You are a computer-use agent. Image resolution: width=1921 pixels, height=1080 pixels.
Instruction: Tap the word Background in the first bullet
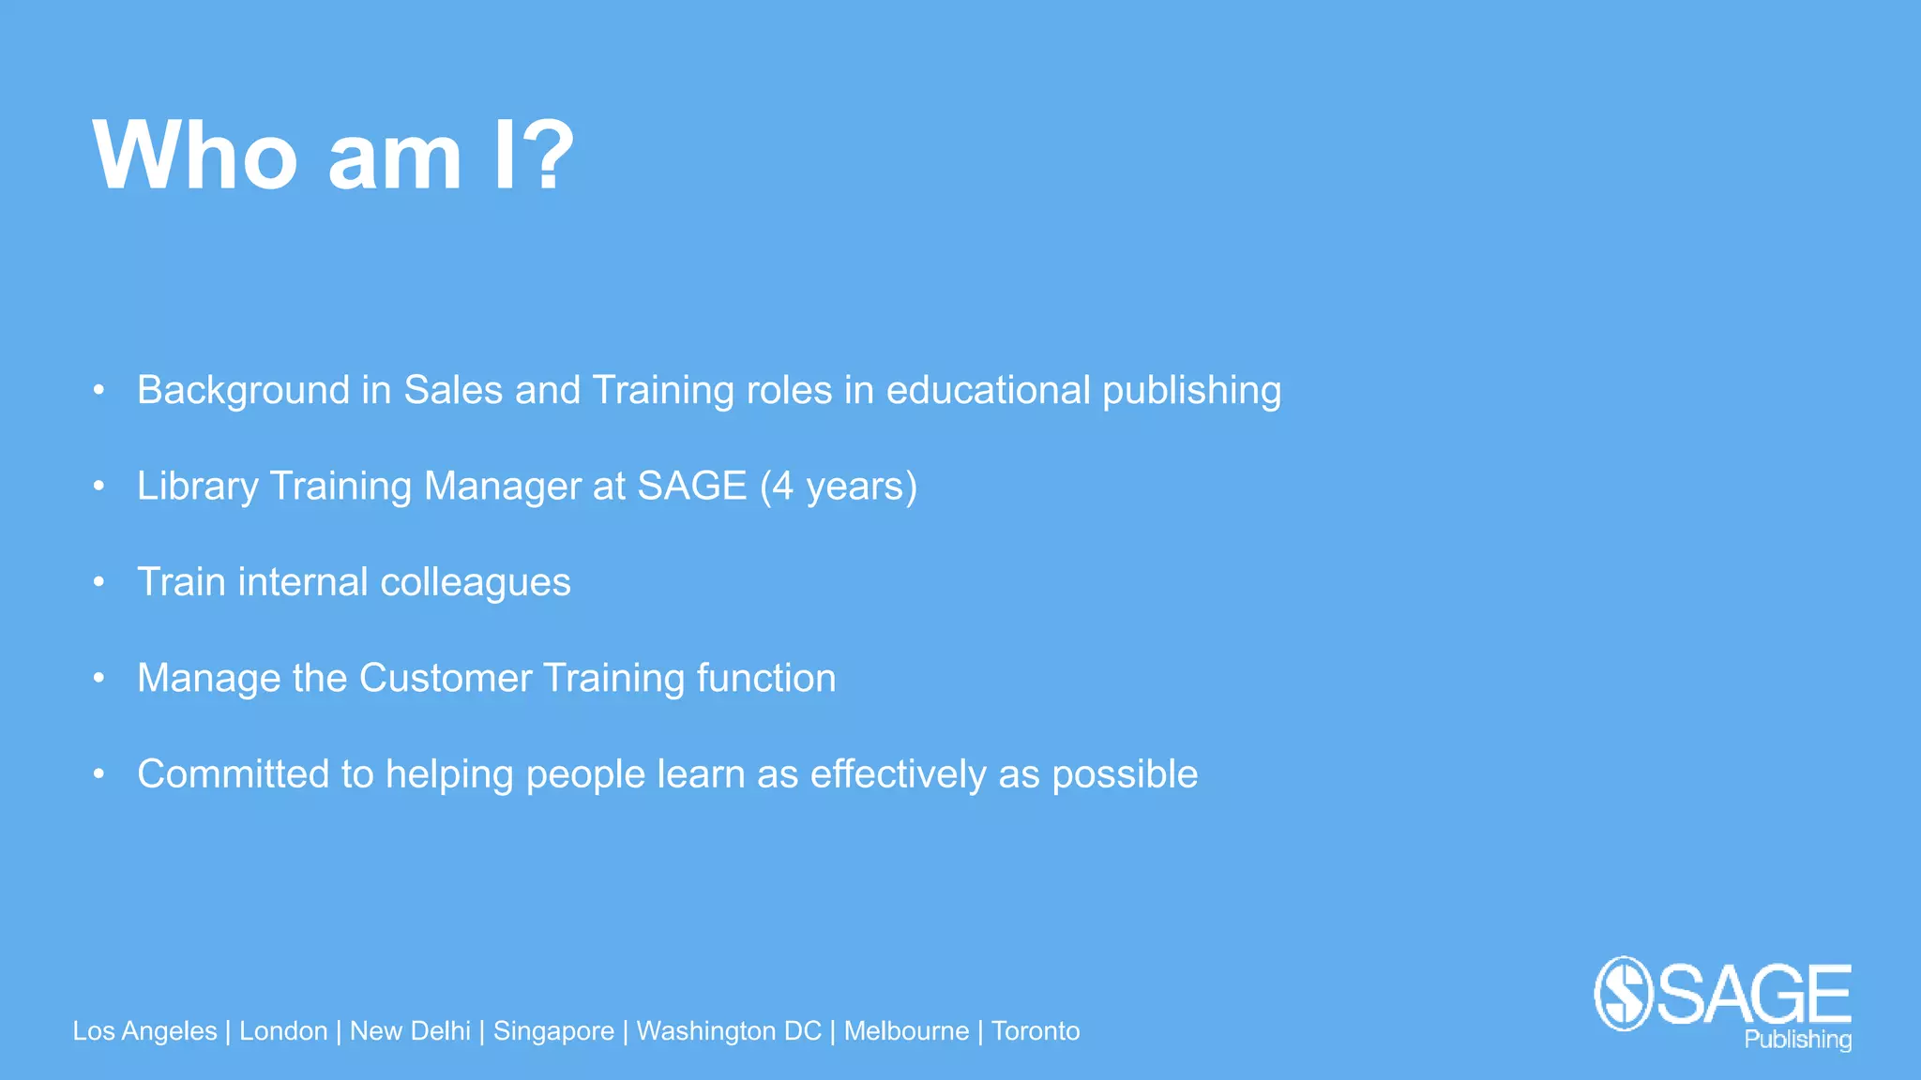(x=243, y=391)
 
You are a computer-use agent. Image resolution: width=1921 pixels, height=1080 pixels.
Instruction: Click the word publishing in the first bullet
(x=1191, y=391)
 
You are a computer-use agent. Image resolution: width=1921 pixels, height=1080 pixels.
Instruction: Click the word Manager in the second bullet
(x=502, y=487)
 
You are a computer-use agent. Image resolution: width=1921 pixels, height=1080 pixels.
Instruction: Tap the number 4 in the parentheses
(x=783, y=487)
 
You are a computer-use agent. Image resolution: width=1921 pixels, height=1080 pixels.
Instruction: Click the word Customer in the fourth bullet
(x=446, y=679)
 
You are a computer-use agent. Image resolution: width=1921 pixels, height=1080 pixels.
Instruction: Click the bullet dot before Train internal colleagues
(x=98, y=582)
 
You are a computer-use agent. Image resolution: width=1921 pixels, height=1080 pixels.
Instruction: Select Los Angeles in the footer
(x=144, y=1031)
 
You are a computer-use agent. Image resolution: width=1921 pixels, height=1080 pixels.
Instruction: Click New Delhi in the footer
(x=410, y=1031)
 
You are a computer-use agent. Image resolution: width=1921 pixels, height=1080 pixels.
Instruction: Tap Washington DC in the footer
(x=729, y=1031)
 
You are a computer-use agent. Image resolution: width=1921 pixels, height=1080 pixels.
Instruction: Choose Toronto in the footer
(x=1036, y=1031)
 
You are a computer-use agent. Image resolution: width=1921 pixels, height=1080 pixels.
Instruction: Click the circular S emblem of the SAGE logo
(x=1623, y=994)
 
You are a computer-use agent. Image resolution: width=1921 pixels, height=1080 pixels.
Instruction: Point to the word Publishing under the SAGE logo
(x=1797, y=1040)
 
